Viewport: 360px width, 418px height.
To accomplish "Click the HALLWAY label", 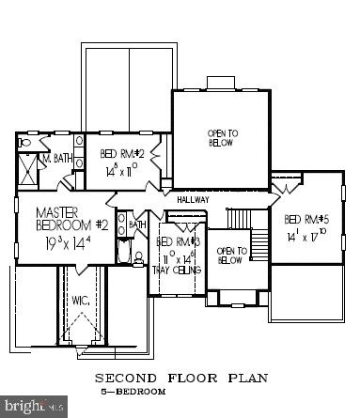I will [x=194, y=200].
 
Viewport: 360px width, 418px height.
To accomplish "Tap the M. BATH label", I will [x=54, y=159].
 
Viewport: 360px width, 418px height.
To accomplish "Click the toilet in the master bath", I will [x=25, y=144].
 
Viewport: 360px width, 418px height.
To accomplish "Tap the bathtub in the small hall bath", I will [x=124, y=251].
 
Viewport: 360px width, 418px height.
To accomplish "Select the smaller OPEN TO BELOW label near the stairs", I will [x=230, y=255].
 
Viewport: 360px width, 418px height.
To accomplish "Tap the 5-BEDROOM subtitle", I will [x=133, y=390].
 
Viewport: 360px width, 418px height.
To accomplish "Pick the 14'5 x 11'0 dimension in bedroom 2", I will [x=122, y=172].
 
